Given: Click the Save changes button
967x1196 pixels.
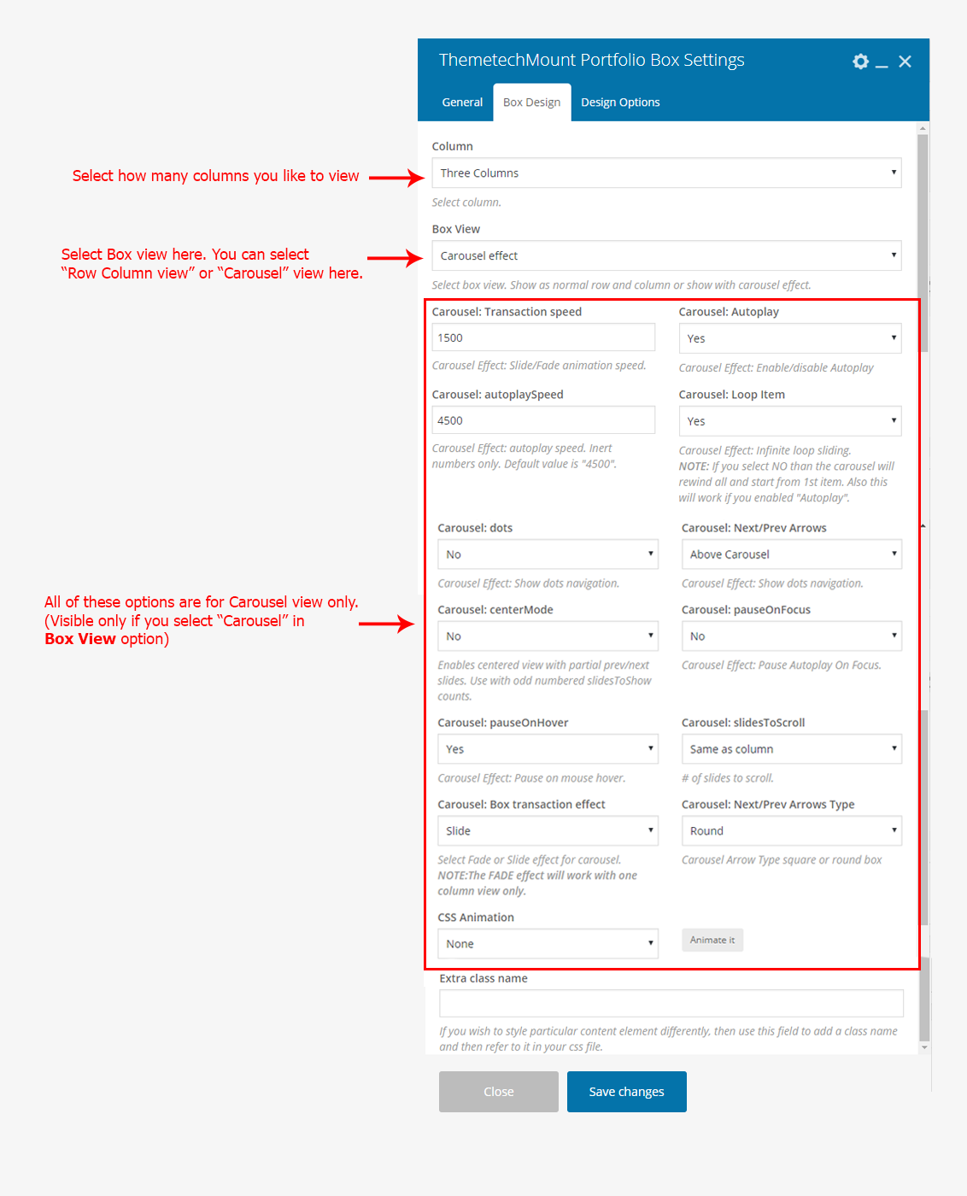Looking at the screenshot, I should [626, 1092].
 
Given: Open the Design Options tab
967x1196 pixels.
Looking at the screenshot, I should [620, 103].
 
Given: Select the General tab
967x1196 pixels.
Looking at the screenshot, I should [462, 103].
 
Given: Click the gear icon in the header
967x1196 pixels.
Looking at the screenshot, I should [860, 62].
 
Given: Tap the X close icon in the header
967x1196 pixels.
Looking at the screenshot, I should [905, 62].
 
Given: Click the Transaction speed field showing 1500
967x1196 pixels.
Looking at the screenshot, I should [543, 337].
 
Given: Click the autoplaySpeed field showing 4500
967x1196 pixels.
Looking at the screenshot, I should [543, 420].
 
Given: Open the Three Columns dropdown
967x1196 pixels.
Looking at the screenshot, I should [666, 173].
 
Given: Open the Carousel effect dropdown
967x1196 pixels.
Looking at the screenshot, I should [666, 255].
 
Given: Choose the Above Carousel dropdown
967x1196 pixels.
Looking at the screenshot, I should [791, 554].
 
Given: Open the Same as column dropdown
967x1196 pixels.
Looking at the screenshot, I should [791, 749].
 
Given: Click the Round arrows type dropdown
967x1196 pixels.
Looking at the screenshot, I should [791, 831].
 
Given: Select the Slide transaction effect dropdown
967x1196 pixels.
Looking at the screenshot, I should [548, 831].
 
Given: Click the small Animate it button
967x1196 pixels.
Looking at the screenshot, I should [712, 940].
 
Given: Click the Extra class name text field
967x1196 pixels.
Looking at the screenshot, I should [671, 1003].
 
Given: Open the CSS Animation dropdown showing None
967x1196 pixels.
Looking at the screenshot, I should [548, 944].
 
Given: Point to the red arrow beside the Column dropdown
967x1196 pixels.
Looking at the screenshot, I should [396, 178].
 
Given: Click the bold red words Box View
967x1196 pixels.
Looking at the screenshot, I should [80, 639].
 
